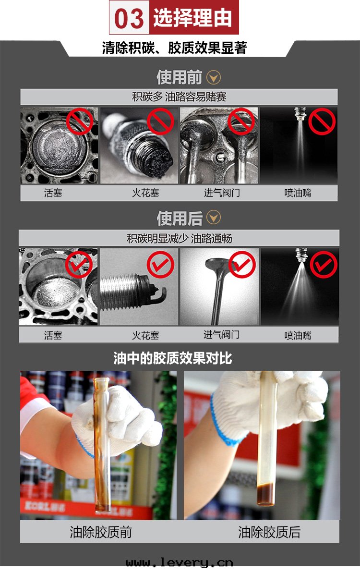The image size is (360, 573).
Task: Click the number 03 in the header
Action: pos(129,19)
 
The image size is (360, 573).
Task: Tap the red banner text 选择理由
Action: pos(193,17)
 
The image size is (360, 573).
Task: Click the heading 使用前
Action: pos(179,77)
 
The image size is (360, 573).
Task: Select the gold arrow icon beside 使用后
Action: pos(214,218)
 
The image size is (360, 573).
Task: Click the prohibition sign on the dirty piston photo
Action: pos(80,122)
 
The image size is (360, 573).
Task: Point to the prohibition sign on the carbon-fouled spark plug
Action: pos(161,122)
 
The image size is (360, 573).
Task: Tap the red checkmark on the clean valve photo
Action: pos(242,265)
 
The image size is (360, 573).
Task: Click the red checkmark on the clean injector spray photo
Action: pos(324,265)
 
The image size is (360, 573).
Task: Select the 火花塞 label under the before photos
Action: pos(145,193)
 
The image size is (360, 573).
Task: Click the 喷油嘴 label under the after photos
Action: pos(298,335)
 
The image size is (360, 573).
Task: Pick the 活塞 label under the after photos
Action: pos(53,335)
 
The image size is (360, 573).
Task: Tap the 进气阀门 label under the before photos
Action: pos(222,193)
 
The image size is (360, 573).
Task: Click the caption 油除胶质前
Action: pos(101,532)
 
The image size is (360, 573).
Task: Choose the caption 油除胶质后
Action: pos(269,532)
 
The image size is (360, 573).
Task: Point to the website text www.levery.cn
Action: pos(179,562)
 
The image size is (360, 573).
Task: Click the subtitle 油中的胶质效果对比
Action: pos(173,358)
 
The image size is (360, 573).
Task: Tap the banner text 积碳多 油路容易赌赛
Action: pos(179,97)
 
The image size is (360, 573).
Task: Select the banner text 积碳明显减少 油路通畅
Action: pos(179,239)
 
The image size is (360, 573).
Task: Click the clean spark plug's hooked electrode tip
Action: pos(165,291)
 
